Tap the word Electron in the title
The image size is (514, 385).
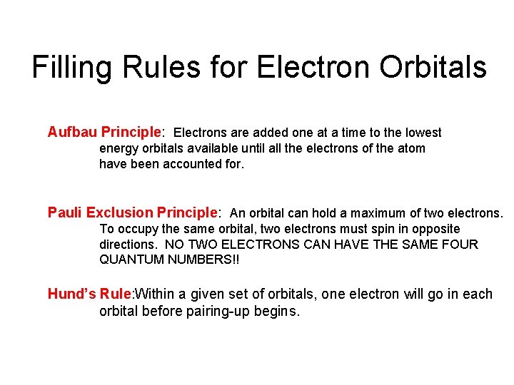[312, 68]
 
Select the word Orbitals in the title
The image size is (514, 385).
[433, 68]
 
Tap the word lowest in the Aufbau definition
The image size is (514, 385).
[423, 133]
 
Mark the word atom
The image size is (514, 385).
[410, 148]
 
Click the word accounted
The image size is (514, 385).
[196, 164]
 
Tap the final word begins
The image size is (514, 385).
[275, 312]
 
